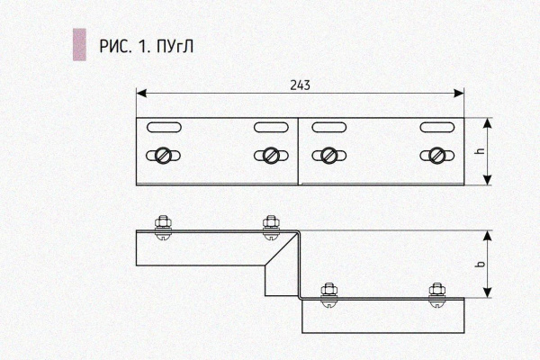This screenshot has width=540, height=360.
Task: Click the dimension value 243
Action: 300,85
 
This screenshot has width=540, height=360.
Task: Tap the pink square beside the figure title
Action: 79,45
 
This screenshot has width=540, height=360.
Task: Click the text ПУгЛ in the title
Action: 175,47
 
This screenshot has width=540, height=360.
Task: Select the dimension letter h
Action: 481,151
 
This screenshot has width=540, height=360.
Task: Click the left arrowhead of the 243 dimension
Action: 141,93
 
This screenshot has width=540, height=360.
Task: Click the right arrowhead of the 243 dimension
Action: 459,93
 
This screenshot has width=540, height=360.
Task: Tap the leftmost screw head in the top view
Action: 163,156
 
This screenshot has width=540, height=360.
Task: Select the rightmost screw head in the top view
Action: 437,156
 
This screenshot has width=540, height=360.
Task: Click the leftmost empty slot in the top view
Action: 164,127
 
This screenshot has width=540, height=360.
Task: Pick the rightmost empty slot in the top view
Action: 437,127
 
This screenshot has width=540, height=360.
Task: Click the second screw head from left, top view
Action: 271,156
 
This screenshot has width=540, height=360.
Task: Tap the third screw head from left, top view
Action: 328,156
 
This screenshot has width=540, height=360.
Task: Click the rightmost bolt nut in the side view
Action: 437,290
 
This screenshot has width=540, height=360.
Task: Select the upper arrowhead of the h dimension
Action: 487,123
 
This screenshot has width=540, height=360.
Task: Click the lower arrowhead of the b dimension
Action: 487,292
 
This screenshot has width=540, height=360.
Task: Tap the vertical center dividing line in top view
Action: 298,151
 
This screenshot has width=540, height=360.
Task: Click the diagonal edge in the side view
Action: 281,249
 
